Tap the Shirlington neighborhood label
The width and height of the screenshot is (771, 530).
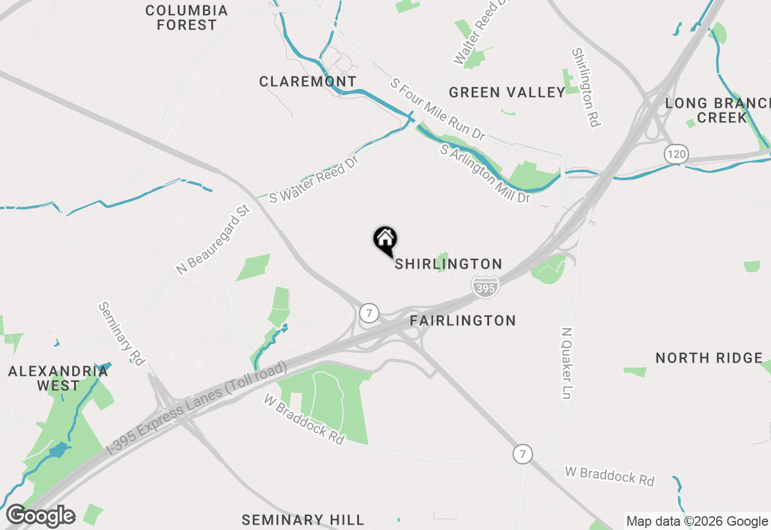pyautogui.click(x=449, y=264)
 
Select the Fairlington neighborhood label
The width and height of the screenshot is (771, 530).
pyautogui.click(x=463, y=320)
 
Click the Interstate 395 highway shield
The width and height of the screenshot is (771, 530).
pyautogui.click(x=485, y=288)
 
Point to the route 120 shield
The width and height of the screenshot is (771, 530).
pyautogui.click(x=676, y=154)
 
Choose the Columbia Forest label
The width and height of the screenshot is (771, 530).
pyautogui.click(x=187, y=17)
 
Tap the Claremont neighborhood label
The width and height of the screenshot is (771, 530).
pyautogui.click(x=308, y=81)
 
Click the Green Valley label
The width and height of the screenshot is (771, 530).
pyautogui.click(x=507, y=92)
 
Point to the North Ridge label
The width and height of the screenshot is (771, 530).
pyautogui.click(x=709, y=358)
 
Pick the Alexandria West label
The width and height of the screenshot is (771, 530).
pyautogui.click(x=58, y=378)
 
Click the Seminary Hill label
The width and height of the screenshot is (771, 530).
pyautogui.click(x=303, y=519)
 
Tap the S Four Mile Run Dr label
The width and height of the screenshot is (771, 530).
pyautogui.click(x=437, y=110)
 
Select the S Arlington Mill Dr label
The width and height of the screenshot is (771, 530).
pyautogui.click(x=485, y=173)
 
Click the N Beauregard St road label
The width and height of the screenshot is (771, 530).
pyautogui.click(x=213, y=240)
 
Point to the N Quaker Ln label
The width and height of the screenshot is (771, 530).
pyautogui.click(x=566, y=364)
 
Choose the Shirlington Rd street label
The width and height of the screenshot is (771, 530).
pyautogui.click(x=585, y=87)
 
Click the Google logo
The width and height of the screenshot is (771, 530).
pyautogui.click(x=40, y=516)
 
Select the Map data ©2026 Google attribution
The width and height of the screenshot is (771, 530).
pyautogui.click(x=697, y=522)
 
